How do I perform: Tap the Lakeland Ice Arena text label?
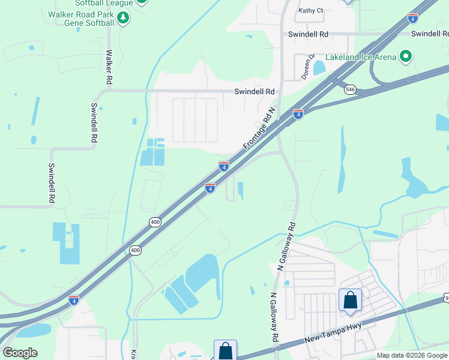click(x=361, y=57)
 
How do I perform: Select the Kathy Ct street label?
click(x=311, y=10)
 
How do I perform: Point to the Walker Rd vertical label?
click(x=109, y=67)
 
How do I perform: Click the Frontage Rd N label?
click(x=259, y=129)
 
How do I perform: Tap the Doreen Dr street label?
click(x=308, y=67)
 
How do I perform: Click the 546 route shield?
click(x=351, y=89)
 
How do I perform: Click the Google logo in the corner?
click(x=20, y=353)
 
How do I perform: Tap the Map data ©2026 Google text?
click(x=412, y=355)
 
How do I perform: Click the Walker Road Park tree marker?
click(x=123, y=18)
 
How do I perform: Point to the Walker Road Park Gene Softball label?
click(x=82, y=18)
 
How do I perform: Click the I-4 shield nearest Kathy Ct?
click(x=413, y=18)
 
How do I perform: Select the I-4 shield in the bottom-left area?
click(x=73, y=299)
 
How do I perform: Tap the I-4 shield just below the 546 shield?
click(x=298, y=113)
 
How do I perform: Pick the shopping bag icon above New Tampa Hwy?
click(x=350, y=299)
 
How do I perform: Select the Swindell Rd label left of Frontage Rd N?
click(x=254, y=91)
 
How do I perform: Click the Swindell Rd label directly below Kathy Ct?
click(x=308, y=34)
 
